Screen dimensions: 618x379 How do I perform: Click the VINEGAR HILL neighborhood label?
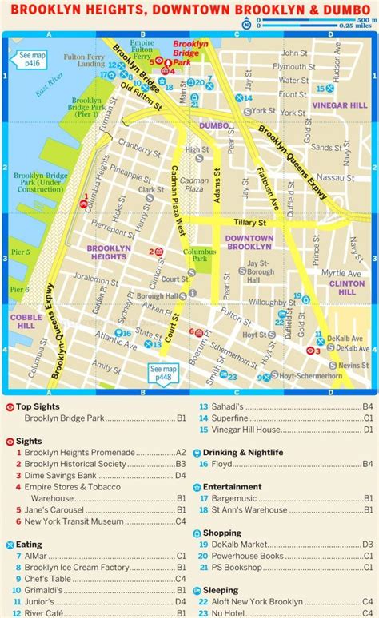point(340,105)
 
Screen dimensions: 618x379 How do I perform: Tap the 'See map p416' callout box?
point(33,59)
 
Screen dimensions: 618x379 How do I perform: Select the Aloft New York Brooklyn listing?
point(257,601)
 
